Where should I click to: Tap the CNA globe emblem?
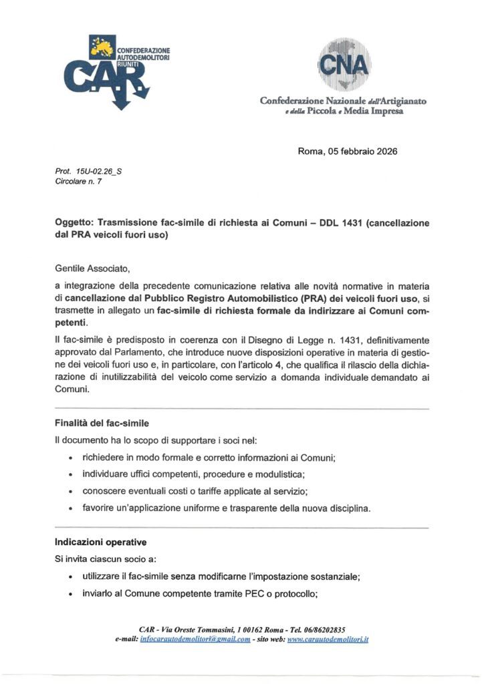342,64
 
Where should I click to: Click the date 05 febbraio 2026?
362,151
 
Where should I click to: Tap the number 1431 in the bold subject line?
338,223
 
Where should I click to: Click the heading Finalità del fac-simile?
102,423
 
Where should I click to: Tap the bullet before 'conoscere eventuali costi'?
71,492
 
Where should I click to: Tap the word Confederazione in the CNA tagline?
289,101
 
